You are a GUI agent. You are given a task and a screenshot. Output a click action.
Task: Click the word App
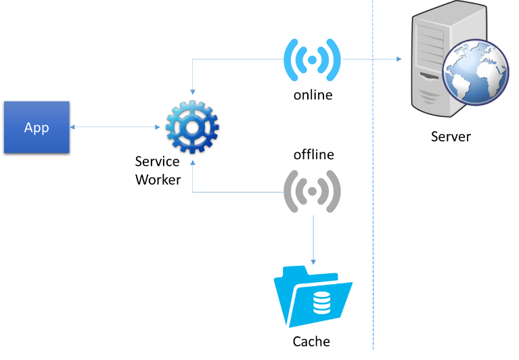[37, 127]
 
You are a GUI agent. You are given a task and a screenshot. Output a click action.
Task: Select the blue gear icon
[192, 127]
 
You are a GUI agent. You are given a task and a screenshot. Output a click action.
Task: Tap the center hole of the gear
[192, 127]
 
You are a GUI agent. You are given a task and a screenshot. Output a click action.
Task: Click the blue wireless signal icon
[313, 59]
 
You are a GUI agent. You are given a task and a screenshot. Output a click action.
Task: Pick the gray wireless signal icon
[313, 190]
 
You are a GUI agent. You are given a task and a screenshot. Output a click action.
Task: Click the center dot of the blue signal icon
[312, 60]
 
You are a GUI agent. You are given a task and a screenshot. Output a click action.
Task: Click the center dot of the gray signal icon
[312, 191]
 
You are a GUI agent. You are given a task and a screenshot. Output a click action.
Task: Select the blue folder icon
[313, 296]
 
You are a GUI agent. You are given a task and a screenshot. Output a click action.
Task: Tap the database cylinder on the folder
[322, 302]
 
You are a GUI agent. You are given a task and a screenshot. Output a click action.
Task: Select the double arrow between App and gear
[115, 127]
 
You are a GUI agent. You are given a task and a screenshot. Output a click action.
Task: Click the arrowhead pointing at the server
[399, 59]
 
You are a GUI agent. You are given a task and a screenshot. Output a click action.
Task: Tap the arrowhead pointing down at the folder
[313, 261]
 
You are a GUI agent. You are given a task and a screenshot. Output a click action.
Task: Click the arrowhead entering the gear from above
[193, 92]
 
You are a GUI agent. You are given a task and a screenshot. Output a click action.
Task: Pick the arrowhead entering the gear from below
[193, 162]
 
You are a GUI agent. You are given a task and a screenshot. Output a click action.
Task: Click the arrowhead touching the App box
[72, 127]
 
